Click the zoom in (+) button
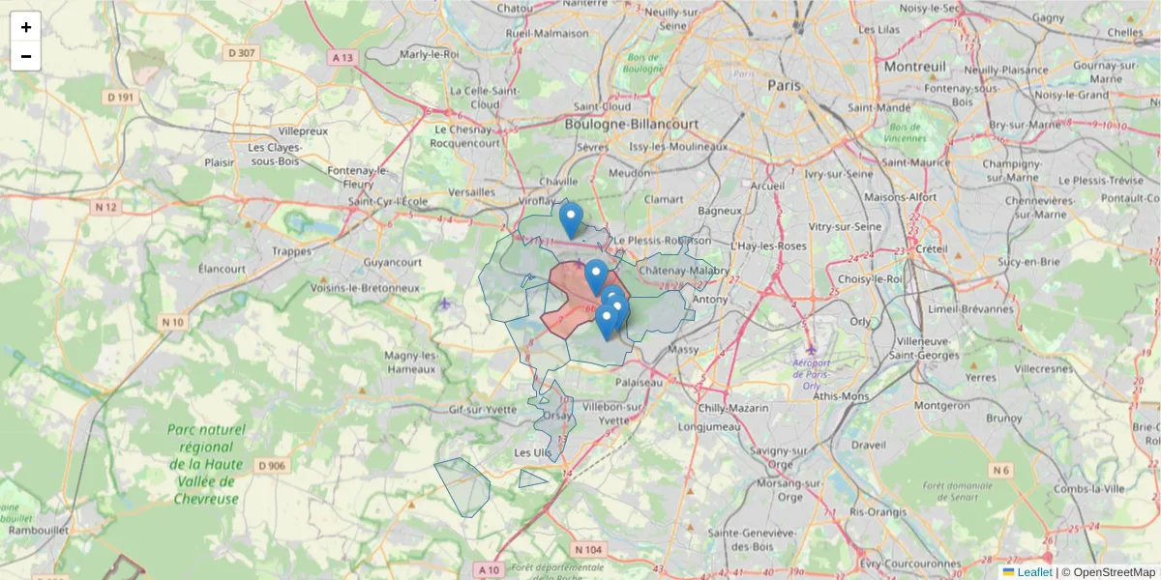(x=26, y=27)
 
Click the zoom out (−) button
(x=26, y=56)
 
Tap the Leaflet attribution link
(x=1033, y=572)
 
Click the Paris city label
(x=785, y=85)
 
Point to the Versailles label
(x=472, y=192)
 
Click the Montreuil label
(x=914, y=67)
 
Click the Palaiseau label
(x=639, y=382)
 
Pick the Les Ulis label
(x=532, y=452)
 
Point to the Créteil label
(x=931, y=248)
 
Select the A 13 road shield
(x=342, y=58)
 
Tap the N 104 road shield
(x=587, y=549)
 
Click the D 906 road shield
(x=273, y=466)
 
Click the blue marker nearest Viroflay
(x=572, y=218)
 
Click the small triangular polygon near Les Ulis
(x=531, y=478)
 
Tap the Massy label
(x=683, y=348)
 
